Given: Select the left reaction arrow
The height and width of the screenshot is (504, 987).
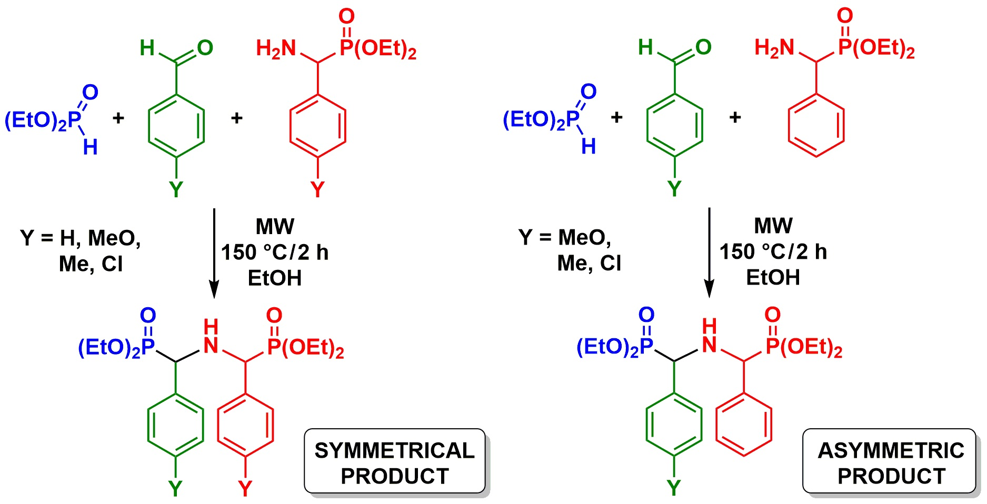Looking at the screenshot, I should (214, 253).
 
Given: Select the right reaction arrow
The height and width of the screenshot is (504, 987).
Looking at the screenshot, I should (710, 253).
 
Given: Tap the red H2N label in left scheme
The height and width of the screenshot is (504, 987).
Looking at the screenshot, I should (276, 49).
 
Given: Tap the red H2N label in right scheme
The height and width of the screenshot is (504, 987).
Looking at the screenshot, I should (774, 48).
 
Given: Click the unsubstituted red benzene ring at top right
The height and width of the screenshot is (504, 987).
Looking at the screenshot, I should (816, 126).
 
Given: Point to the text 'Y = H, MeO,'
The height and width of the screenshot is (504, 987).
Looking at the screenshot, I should (81, 238).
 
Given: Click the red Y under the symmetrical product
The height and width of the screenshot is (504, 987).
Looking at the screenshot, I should (245, 489).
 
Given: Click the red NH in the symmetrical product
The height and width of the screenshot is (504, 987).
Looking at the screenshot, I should (211, 337).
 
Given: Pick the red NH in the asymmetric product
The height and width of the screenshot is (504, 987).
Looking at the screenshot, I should (709, 336).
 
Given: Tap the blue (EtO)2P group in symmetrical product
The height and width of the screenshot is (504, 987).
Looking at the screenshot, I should (116, 347).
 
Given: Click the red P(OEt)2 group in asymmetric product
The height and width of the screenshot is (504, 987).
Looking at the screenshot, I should (804, 347).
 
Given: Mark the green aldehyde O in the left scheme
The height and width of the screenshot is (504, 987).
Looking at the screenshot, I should (205, 48).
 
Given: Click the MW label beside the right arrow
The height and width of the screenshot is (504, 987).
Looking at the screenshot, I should (773, 226).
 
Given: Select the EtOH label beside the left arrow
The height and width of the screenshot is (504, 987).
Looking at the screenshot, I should (274, 278).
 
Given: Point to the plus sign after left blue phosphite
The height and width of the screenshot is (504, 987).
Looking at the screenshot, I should (118, 118).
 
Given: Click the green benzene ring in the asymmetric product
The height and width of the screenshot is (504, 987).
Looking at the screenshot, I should (674, 424).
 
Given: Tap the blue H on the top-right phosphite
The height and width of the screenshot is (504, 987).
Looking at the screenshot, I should (589, 146).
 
